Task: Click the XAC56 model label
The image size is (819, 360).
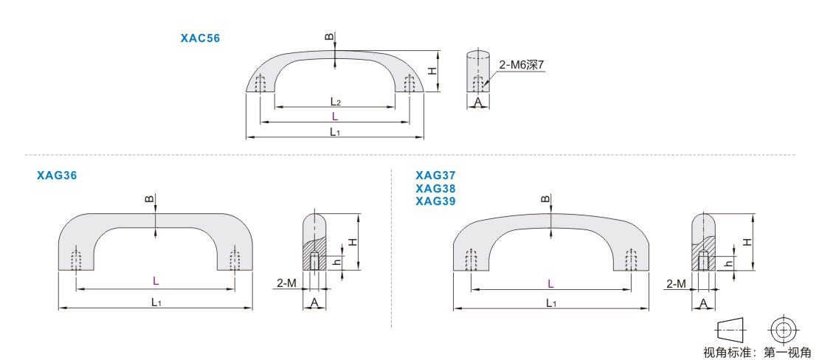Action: (x=200, y=38)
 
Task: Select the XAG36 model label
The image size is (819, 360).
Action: (x=57, y=176)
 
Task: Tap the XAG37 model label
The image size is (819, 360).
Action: (x=435, y=176)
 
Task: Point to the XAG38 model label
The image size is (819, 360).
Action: (x=435, y=188)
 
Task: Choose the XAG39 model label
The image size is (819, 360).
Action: (x=435, y=201)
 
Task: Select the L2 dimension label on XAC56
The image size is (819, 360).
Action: (x=335, y=100)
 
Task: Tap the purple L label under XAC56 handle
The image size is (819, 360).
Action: (x=335, y=116)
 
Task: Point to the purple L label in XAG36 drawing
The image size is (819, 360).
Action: (x=156, y=281)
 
